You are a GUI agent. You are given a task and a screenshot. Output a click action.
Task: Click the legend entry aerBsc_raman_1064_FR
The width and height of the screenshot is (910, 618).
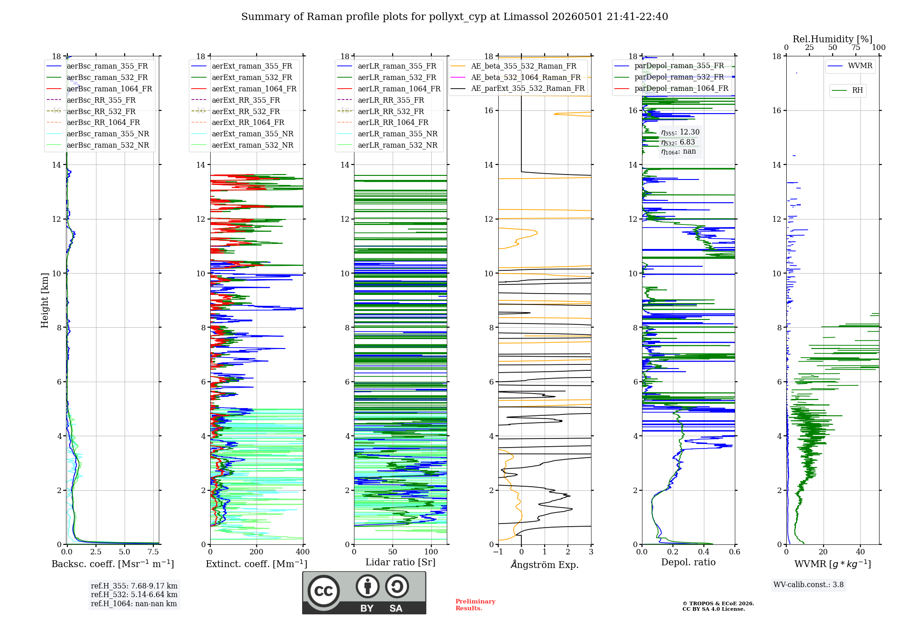tap(99, 89)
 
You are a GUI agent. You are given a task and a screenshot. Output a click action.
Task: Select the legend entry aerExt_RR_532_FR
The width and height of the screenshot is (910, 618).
tap(236, 111)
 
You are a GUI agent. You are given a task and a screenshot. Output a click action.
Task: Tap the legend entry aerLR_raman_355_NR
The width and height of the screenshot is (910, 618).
tap(387, 134)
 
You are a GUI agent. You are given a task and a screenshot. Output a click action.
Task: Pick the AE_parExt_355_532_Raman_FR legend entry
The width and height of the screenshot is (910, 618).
tap(518, 88)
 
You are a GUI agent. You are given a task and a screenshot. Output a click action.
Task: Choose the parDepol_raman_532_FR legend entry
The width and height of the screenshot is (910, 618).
tap(669, 77)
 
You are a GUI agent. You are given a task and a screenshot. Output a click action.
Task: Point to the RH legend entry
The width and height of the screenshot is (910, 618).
tap(847, 90)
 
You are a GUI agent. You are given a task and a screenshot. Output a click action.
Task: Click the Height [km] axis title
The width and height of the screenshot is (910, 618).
tap(45, 300)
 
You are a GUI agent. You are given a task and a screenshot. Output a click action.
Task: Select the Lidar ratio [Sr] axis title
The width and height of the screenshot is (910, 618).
tap(400, 562)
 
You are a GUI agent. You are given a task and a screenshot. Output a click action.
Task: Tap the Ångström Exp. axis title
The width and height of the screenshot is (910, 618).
tap(545, 564)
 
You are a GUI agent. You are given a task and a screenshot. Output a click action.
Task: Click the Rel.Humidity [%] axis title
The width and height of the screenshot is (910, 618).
tap(833, 39)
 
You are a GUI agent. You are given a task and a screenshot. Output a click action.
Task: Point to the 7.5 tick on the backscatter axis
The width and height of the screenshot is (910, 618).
tap(153, 552)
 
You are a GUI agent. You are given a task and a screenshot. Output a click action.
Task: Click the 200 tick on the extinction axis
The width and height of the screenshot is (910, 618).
tap(257, 552)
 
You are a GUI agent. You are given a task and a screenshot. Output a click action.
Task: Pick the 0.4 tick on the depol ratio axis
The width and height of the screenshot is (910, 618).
tap(704, 552)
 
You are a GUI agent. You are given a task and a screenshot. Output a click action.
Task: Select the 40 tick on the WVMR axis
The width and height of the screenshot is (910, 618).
tap(860, 552)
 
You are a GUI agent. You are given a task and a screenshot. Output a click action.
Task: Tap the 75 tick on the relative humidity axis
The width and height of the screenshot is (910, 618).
tap(856, 47)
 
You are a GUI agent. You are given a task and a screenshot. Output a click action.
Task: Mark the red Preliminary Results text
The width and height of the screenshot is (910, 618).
tap(475, 605)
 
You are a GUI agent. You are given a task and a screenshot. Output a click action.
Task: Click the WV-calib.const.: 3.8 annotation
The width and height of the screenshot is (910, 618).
tap(809, 585)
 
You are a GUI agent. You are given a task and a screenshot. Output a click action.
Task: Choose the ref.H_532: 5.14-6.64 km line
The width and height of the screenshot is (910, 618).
tap(134, 594)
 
